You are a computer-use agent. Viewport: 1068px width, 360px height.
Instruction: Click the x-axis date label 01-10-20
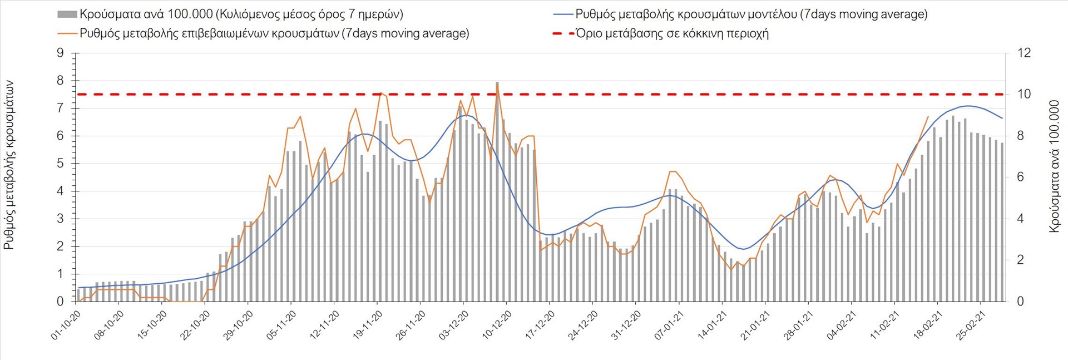(66, 326)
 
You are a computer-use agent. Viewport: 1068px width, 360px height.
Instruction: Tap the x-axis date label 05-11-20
(281, 326)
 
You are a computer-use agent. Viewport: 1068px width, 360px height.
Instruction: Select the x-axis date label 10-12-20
(497, 326)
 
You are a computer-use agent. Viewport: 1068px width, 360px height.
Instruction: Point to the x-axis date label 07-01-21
(669, 326)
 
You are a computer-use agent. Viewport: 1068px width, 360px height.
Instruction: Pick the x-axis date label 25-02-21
(971, 326)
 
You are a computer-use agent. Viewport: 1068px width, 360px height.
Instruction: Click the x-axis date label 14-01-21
(713, 326)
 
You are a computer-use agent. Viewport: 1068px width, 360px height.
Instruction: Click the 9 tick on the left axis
(60, 53)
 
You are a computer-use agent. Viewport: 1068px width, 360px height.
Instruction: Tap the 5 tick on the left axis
(60, 164)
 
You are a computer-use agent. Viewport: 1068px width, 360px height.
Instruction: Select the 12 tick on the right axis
(1024, 53)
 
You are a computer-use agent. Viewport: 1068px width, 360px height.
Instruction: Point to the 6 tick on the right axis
(1021, 177)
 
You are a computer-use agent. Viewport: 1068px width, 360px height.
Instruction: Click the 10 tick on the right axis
(1024, 95)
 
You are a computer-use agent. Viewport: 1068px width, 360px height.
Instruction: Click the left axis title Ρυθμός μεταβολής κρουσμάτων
(9, 165)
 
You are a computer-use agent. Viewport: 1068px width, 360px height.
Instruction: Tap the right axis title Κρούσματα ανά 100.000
(1054, 166)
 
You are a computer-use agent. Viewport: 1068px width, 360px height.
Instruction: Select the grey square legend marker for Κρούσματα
(67, 14)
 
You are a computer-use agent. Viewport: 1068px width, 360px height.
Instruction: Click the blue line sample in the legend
(563, 14)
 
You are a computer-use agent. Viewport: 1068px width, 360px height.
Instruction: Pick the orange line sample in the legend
(67, 33)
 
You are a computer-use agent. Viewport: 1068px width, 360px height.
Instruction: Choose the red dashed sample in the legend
(563, 33)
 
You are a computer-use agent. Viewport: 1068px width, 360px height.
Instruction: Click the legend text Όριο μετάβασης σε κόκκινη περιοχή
(672, 33)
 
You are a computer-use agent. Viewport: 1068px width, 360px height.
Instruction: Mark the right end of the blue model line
(1002, 118)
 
